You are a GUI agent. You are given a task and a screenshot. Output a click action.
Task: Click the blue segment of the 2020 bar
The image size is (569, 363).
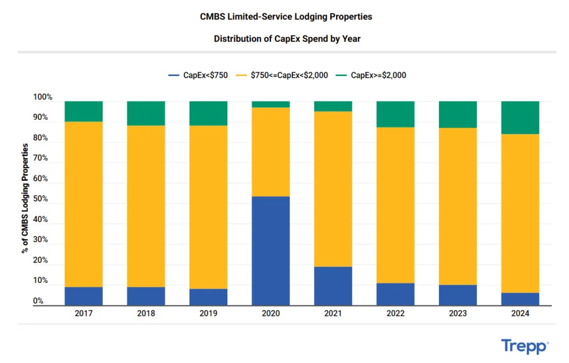point(271,251)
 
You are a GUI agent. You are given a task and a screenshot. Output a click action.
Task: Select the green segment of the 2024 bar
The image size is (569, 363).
point(520,118)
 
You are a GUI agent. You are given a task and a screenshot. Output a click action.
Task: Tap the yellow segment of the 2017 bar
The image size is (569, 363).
point(83,204)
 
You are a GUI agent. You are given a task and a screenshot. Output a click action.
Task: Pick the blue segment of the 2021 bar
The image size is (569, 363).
point(333,286)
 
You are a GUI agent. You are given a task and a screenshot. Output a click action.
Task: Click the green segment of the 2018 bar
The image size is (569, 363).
point(146,113)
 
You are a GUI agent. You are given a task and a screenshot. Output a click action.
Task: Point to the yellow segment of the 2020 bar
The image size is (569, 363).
point(271,152)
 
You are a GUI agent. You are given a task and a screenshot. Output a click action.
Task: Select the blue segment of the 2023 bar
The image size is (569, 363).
point(458,295)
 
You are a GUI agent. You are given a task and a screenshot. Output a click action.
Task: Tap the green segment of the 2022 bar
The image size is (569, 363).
point(395,114)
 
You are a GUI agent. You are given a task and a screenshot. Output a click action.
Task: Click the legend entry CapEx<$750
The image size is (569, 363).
point(198,75)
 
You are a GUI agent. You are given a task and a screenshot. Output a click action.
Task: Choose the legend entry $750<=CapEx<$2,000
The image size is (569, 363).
point(282,75)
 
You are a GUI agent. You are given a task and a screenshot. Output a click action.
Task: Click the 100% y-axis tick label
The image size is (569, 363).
point(43,98)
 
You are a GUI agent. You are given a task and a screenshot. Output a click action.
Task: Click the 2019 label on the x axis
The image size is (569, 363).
point(208,314)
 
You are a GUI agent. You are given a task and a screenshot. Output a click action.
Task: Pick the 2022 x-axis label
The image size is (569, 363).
point(395,314)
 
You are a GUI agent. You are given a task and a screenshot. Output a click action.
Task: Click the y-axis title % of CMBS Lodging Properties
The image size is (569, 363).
point(25,198)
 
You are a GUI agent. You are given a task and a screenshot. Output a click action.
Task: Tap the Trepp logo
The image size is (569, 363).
point(525,346)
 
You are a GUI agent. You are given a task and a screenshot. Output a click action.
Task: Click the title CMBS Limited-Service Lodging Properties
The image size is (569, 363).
point(286,17)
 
